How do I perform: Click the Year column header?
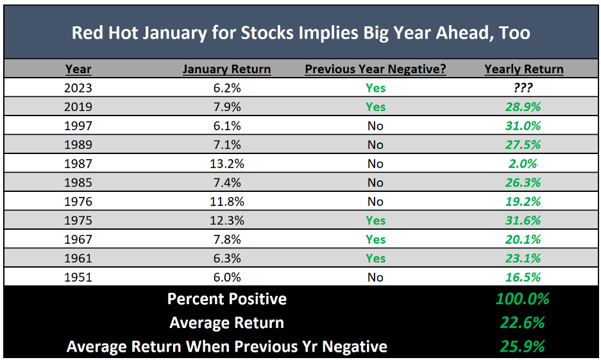[x=78, y=69]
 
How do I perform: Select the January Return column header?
[x=226, y=69]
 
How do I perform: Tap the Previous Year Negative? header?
[x=375, y=69]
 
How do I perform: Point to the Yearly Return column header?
[x=523, y=69]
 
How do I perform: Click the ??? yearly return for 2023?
[x=523, y=88]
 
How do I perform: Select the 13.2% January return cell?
[x=226, y=164]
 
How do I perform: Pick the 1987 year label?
[x=78, y=164]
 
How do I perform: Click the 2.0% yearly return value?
[x=523, y=164]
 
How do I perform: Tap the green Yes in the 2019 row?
[x=375, y=107]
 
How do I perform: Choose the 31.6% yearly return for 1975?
[x=523, y=221]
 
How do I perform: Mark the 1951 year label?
[x=78, y=277]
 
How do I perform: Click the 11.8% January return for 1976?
[x=226, y=201]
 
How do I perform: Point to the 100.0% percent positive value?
[x=523, y=299]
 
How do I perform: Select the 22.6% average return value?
[x=523, y=323]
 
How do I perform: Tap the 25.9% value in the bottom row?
[x=523, y=347]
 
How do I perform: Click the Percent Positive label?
[x=226, y=299]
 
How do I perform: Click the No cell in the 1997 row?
[x=375, y=126]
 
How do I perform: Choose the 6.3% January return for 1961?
[x=226, y=259]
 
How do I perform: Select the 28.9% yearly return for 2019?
[x=523, y=107]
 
